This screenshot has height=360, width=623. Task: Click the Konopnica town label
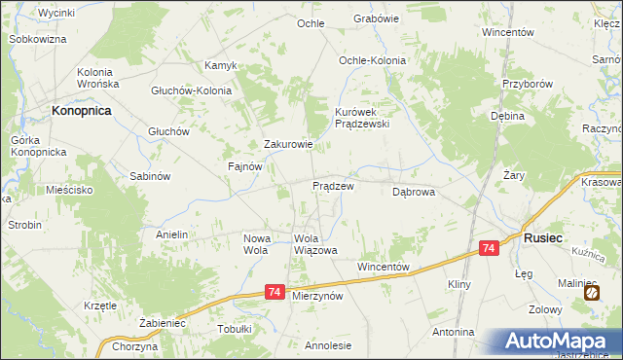point(82,111)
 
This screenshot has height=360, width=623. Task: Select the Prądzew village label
point(332,185)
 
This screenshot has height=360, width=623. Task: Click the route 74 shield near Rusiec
point(490,250)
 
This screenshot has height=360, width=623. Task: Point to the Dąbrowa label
point(413,193)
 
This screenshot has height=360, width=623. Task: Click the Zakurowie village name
point(288,145)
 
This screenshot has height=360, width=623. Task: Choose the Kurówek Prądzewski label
point(361,118)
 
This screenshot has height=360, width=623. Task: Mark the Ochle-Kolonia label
point(372,60)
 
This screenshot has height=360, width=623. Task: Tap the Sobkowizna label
point(37,39)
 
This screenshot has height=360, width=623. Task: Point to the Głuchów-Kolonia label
point(191,90)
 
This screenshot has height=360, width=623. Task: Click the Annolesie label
point(328,345)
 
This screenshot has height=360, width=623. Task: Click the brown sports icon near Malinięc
point(592,291)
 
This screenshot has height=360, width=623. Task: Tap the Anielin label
point(171,234)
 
